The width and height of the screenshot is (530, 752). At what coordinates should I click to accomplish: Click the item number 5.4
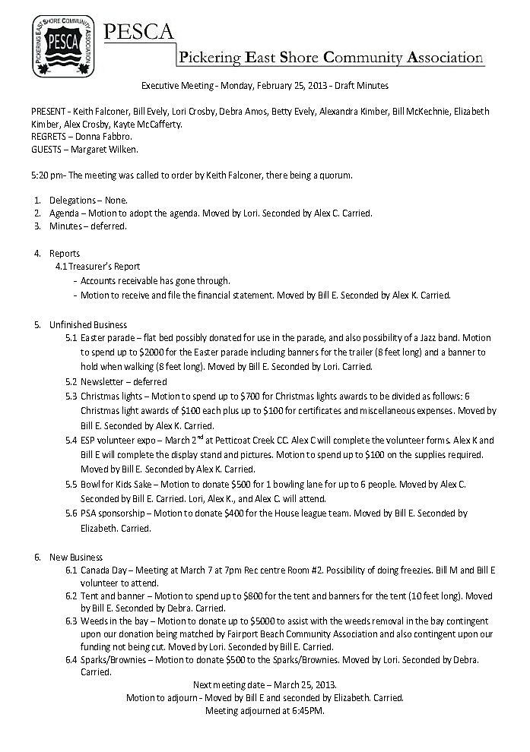pos(71,441)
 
